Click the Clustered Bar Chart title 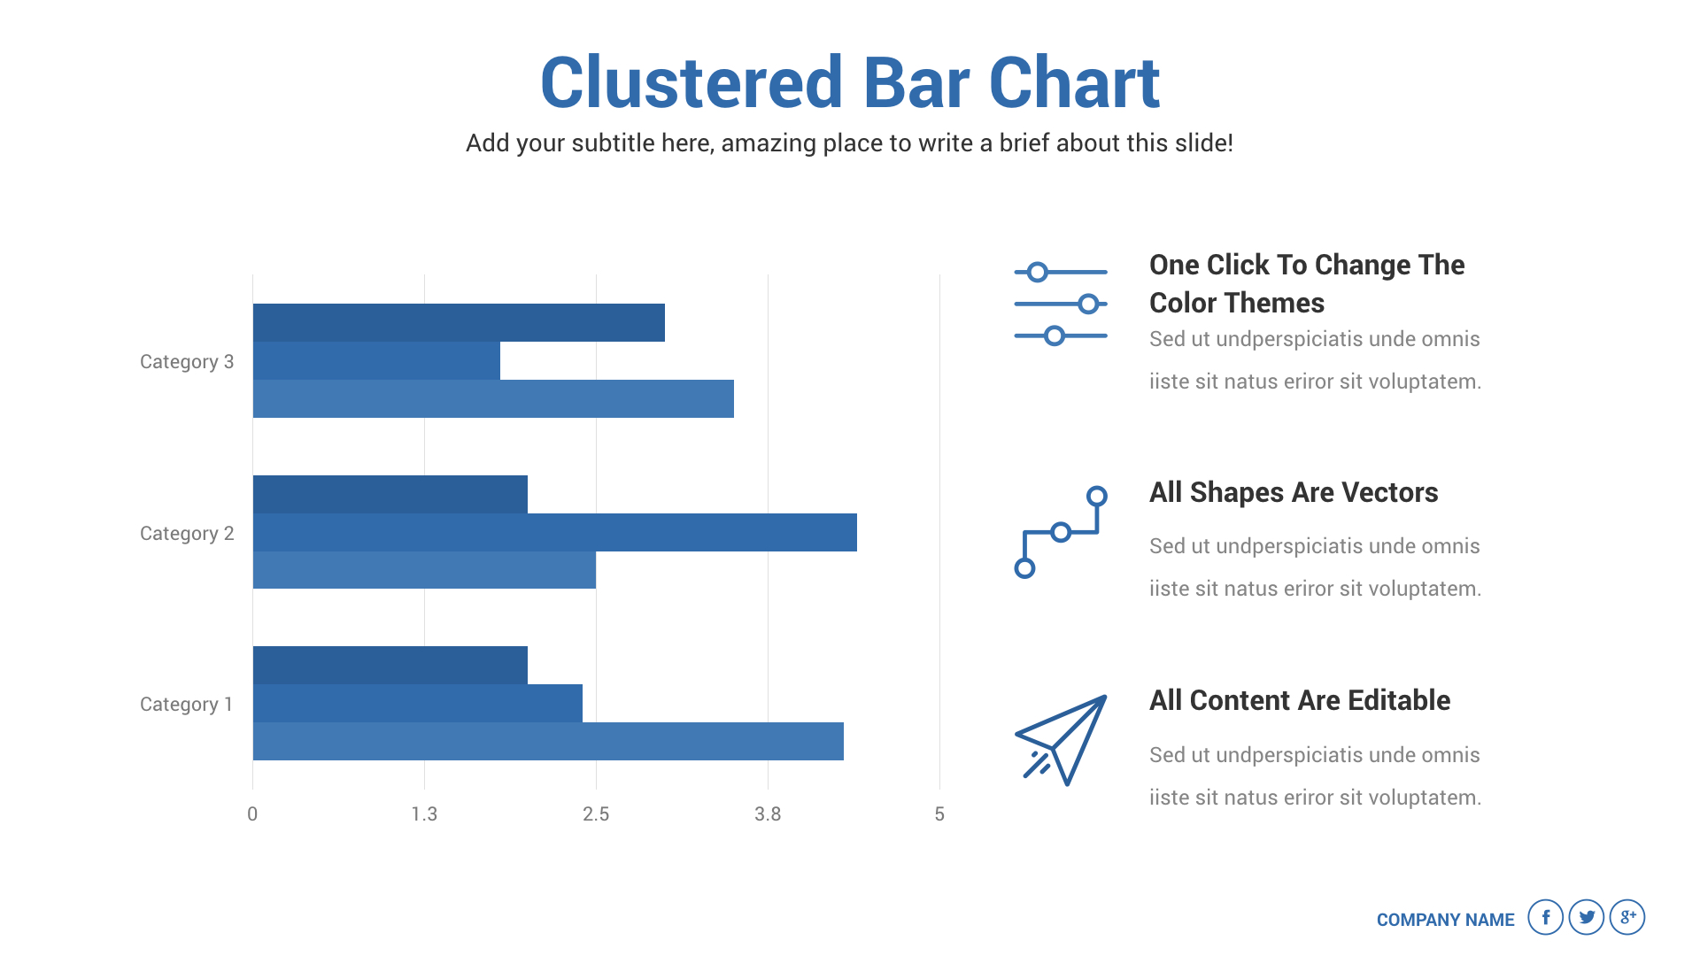pos(850,82)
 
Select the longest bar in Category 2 pos(555,532)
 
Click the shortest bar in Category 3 pos(376,360)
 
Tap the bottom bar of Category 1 pos(548,741)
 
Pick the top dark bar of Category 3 pos(459,322)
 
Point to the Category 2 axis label pos(187,534)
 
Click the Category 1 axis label pos(186,705)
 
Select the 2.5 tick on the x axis pos(596,814)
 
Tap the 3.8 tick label pos(768,814)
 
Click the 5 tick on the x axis pos(939,814)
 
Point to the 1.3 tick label pos(424,814)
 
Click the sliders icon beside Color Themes pos(1061,304)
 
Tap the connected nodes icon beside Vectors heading pos(1061,532)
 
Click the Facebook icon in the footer pos(1545,917)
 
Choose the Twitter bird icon pos(1587,917)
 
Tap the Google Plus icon pos(1627,917)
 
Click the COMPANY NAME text pos(1445,920)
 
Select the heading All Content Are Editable pos(1300,700)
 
